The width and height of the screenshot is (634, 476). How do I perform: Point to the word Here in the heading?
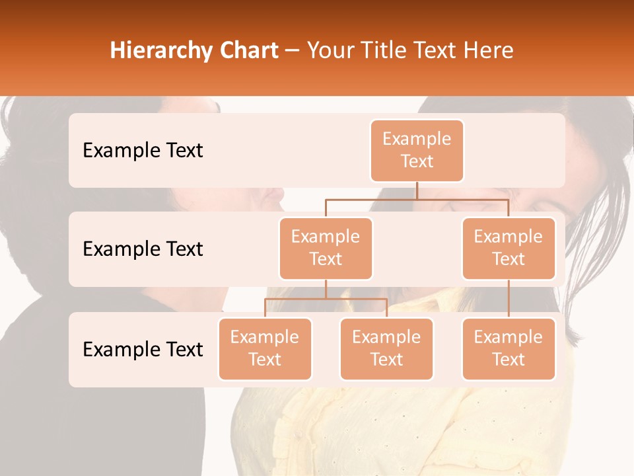[x=488, y=51]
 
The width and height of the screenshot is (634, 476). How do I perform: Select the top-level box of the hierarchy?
[x=417, y=150]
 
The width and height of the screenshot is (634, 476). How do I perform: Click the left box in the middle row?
[x=326, y=248]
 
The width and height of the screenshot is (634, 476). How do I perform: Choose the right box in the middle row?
[x=509, y=248]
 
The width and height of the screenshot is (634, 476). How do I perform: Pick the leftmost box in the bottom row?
[x=265, y=348]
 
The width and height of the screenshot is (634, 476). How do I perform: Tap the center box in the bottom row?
[x=386, y=348]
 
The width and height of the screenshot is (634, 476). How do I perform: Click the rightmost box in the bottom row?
[x=509, y=348]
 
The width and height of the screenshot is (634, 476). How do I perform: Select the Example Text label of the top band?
[x=143, y=151]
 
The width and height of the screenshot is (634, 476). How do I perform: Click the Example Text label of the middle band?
[x=143, y=249]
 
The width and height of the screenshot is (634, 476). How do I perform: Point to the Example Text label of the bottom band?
[x=143, y=350]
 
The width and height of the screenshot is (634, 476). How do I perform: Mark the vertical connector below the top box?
[x=417, y=190]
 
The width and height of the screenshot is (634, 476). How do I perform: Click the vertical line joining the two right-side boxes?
[x=509, y=299]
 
